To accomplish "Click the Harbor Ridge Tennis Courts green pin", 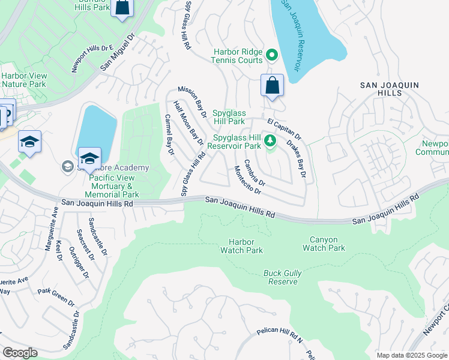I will click(271, 55).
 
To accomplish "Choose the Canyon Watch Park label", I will click(324, 244).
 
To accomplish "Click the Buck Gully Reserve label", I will click(281, 277).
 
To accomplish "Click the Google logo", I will click(20, 353).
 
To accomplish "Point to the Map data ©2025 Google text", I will click(411, 355).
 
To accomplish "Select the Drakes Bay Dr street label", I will click(297, 160).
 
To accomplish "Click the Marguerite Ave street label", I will click(55, 220).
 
